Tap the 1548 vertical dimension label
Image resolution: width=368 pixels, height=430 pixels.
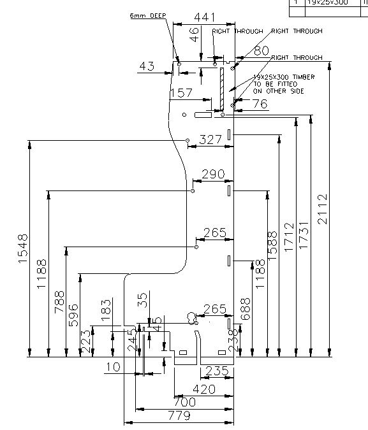(x=24, y=250)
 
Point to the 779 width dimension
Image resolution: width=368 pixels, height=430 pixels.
(x=179, y=415)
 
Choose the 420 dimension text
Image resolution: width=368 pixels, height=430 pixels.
(x=203, y=389)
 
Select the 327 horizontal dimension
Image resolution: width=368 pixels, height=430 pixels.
(x=211, y=140)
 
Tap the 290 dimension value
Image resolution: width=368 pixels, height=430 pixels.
(x=213, y=174)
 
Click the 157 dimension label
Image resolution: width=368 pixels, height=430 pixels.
(x=181, y=94)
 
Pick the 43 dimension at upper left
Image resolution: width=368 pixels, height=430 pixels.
(x=147, y=66)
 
